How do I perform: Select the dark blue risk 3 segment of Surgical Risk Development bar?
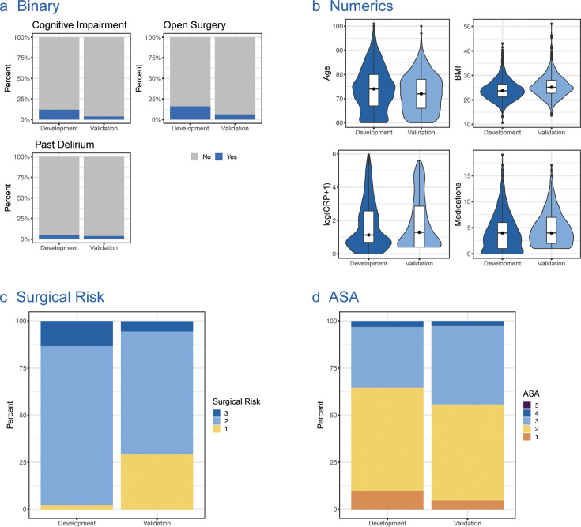pyautogui.click(x=77, y=333)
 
